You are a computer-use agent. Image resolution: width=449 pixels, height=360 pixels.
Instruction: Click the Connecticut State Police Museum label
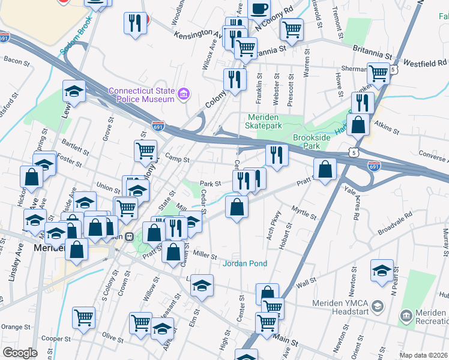point(142,95)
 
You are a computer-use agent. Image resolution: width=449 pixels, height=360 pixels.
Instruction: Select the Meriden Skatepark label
point(263,122)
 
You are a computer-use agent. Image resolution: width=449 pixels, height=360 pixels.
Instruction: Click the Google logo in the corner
point(20,353)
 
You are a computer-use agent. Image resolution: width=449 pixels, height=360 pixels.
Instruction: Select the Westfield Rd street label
point(424,62)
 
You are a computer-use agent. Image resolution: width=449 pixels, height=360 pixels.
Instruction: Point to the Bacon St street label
point(16,60)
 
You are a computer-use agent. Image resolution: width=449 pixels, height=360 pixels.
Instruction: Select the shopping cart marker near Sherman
point(378,73)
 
